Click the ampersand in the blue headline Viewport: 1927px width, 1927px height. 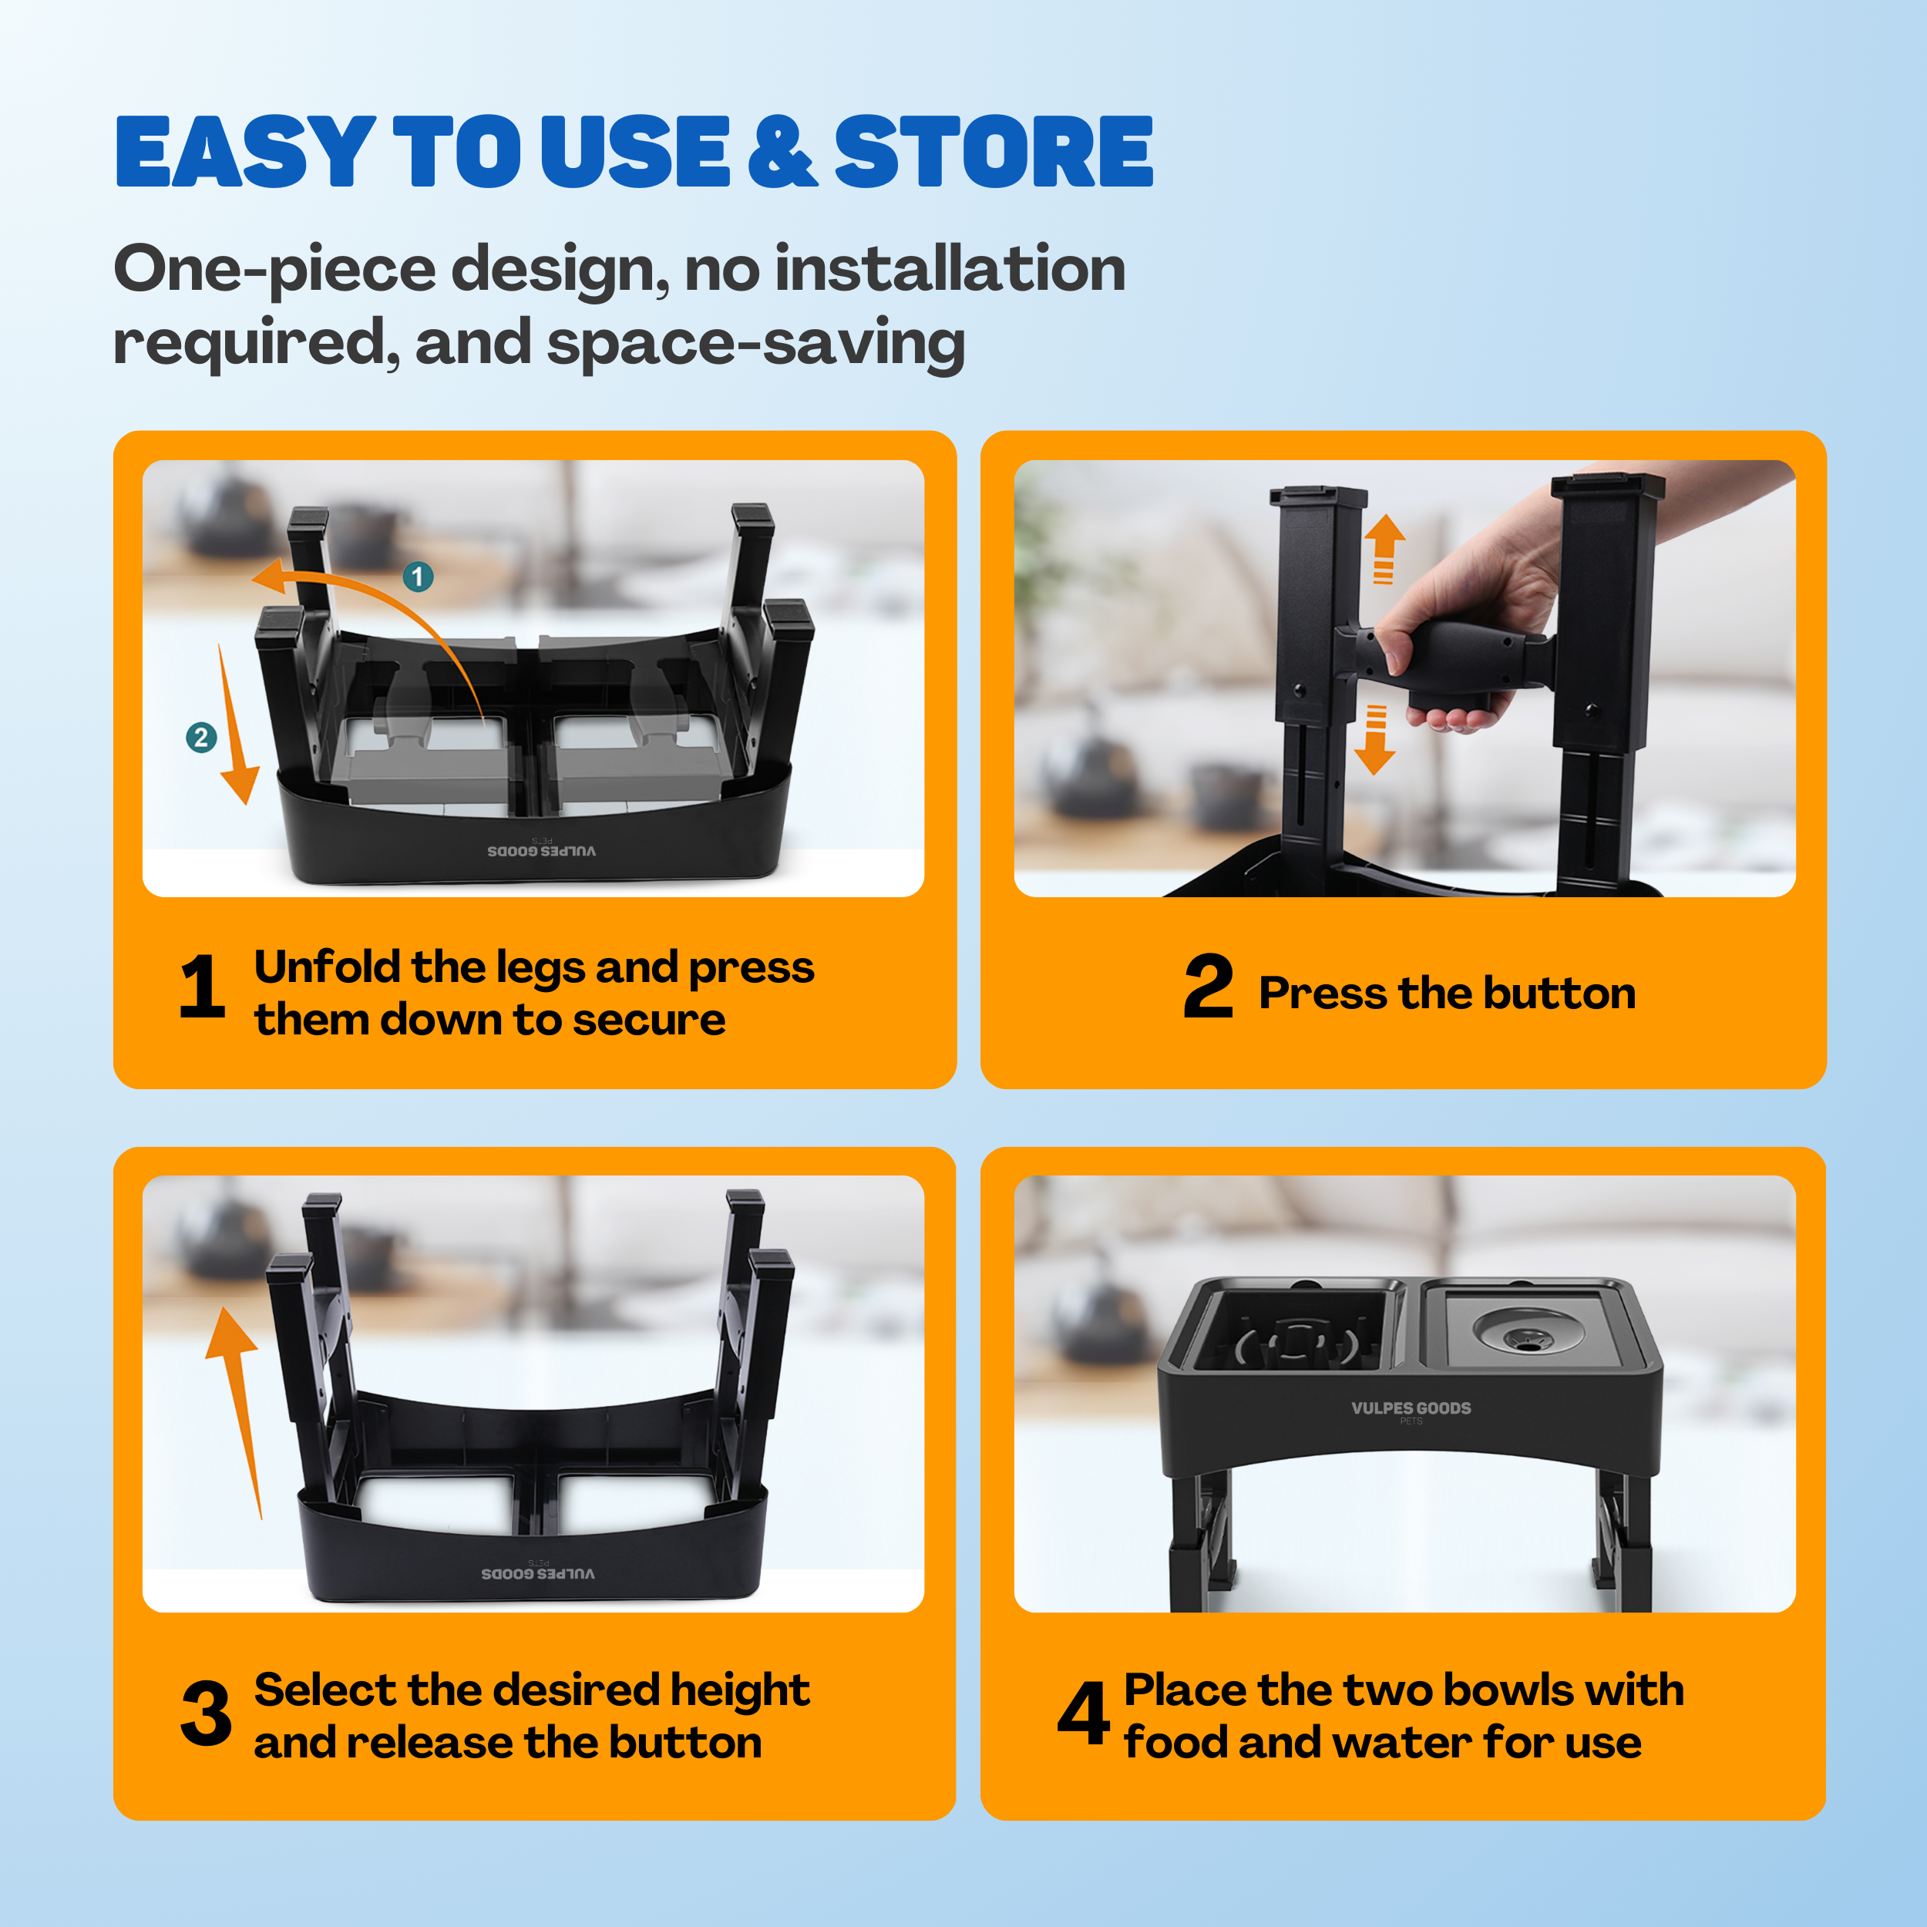point(783,152)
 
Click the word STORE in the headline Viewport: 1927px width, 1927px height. point(994,152)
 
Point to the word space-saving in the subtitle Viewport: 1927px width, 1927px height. point(756,344)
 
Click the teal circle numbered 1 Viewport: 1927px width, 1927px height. point(418,577)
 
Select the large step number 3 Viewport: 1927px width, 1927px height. point(207,1713)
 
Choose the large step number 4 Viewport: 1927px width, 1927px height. point(1083,1713)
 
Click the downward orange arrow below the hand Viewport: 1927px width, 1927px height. point(1375,739)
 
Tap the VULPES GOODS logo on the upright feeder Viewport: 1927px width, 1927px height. point(1411,1408)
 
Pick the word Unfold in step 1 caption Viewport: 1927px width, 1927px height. point(327,967)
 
